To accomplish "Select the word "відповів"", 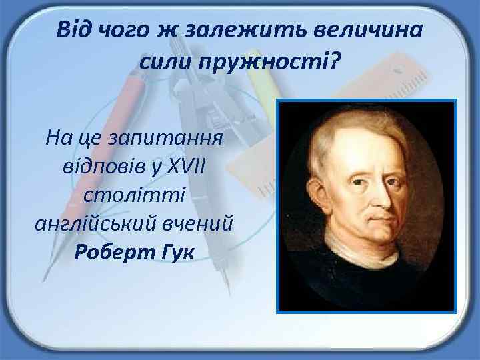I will (104, 165).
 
